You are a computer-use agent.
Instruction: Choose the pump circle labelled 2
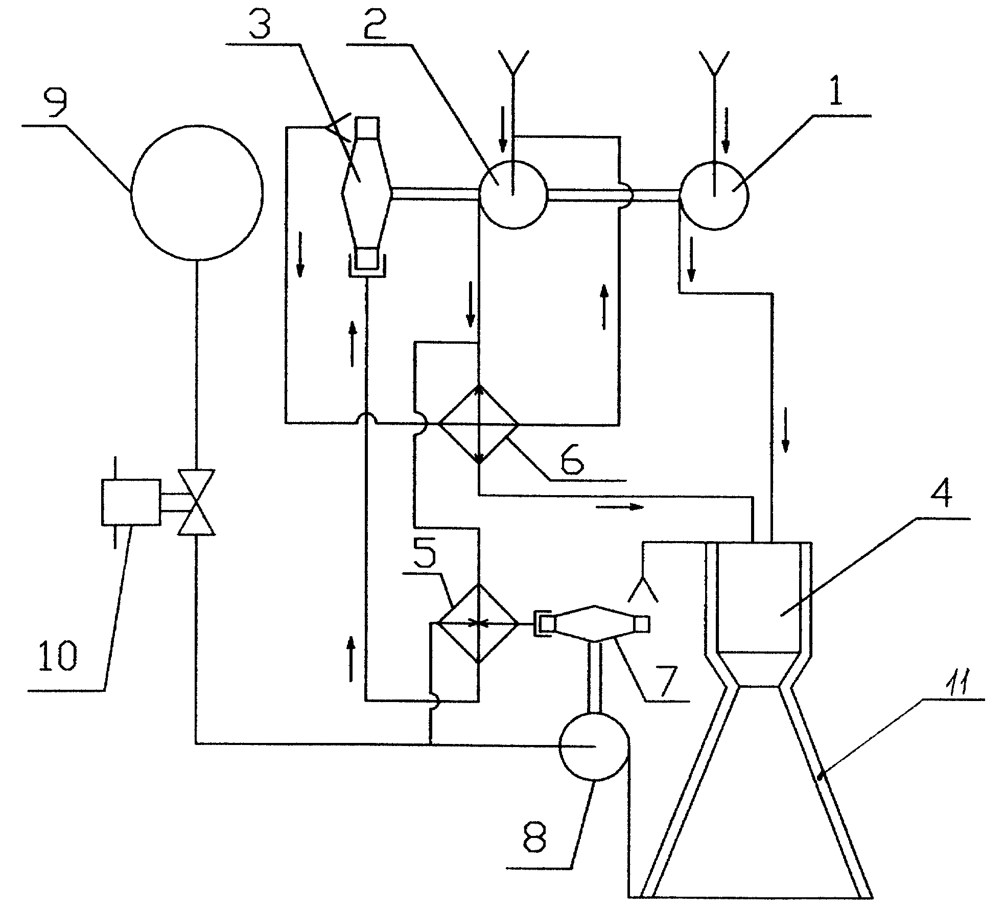coord(512,194)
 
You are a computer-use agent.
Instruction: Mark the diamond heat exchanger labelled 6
coord(479,424)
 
